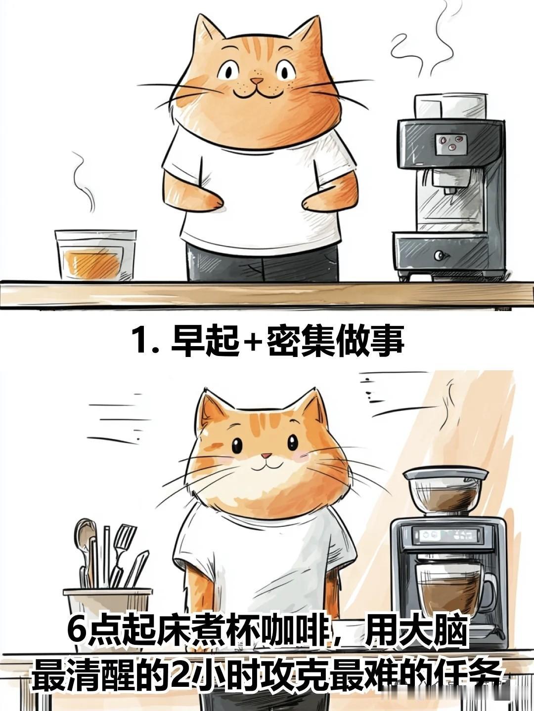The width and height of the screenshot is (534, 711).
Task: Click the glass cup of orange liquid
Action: pos(95,255)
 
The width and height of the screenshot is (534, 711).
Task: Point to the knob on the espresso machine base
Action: pos(440,255)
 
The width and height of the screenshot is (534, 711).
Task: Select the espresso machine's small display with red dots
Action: pos(450,144)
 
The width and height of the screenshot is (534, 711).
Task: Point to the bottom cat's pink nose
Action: pos(267,553)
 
